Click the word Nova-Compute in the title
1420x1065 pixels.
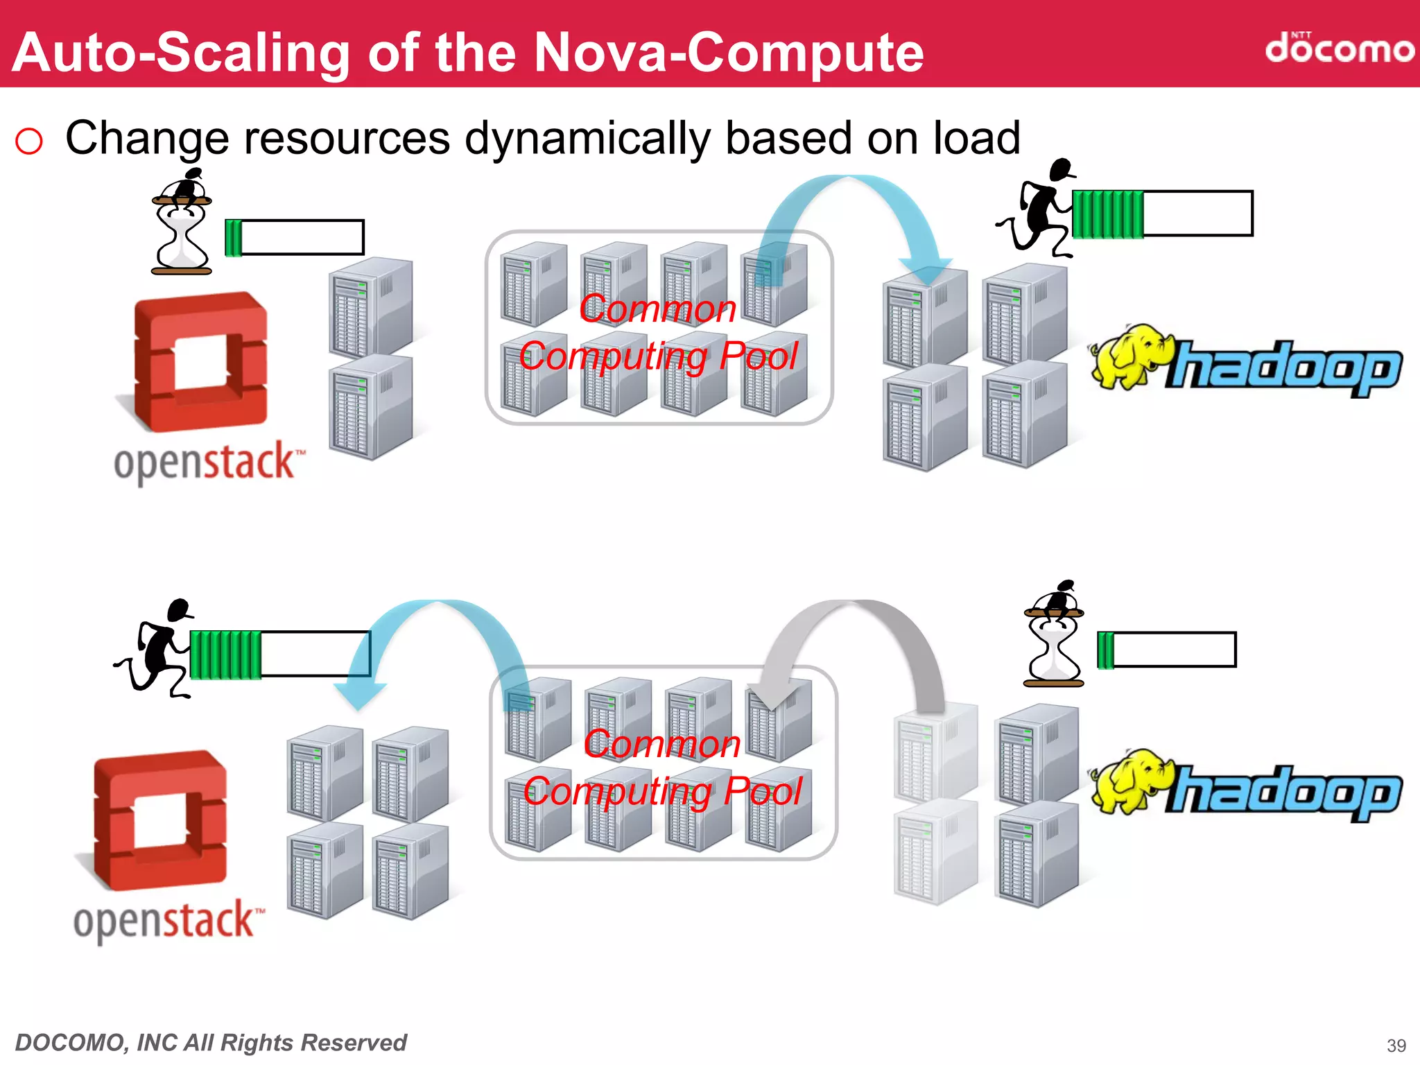729,53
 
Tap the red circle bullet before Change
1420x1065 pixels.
29,141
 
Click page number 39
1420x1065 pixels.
1396,1045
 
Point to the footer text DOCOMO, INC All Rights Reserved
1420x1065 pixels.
211,1042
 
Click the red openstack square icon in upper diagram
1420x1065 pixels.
200,361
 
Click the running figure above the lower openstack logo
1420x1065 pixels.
156,648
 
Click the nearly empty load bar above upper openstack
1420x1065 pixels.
295,238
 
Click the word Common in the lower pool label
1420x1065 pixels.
662,744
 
